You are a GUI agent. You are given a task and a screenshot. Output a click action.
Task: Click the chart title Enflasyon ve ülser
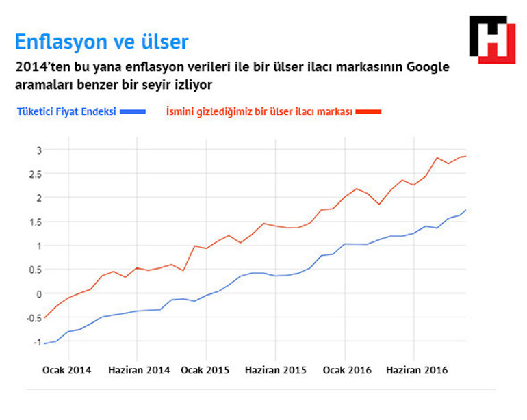tap(101, 42)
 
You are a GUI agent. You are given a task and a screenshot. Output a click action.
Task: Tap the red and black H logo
tap(491, 40)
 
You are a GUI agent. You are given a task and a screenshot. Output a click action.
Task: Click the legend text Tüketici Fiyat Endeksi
tap(66, 111)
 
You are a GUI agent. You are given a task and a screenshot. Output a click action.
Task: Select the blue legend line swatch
tap(132, 111)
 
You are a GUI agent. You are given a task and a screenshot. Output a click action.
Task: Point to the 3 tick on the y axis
tap(39, 150)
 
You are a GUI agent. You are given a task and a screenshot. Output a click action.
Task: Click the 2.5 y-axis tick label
tap(36, 174)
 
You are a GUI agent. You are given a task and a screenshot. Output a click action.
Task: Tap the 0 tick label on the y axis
tap(39, 293)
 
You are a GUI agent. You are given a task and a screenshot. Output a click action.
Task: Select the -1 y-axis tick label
tap(38, 341)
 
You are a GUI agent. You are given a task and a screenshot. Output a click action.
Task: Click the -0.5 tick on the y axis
tap(34, 317)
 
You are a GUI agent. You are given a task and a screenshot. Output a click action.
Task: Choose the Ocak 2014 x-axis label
tap(66, 370)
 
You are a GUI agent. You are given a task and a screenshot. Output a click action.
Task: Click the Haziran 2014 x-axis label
tap(139, 370)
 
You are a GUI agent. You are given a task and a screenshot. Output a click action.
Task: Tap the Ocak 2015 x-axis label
tap(205, 370)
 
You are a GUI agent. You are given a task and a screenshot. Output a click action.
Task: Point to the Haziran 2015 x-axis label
tap(275, 370)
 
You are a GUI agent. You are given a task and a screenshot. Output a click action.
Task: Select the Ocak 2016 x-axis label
tap(347, 370)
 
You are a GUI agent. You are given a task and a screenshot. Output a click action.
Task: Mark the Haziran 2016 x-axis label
tap(417, 370)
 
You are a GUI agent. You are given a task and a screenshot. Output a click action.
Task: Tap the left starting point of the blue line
tap(44, 343)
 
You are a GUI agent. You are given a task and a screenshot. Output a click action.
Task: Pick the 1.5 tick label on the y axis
tap(36, 222)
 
